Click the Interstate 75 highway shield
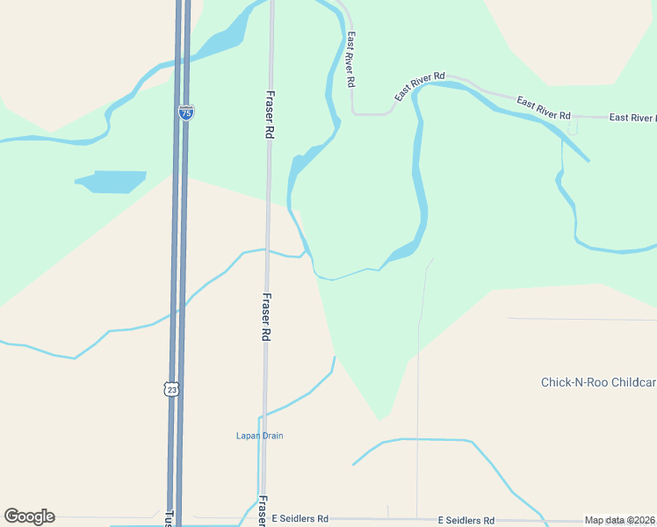coord(185,112)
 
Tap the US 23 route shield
coord(171,388)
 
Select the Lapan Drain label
coord(260,436)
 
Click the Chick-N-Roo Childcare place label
coord(597,382)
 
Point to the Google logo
coord(29,516)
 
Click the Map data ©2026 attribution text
coord(619,520)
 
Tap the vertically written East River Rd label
coord(350,60)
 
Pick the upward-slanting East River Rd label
coord(420,86)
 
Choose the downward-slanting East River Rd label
coord(544,108)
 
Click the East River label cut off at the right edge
coord(632,118)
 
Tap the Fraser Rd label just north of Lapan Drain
coord(265,316)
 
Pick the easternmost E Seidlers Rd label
coord(466,520)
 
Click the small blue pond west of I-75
coord(112,182)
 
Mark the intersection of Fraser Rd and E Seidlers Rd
coord(261,520)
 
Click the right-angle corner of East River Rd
coord(353,112)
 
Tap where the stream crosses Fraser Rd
coord(267,250)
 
